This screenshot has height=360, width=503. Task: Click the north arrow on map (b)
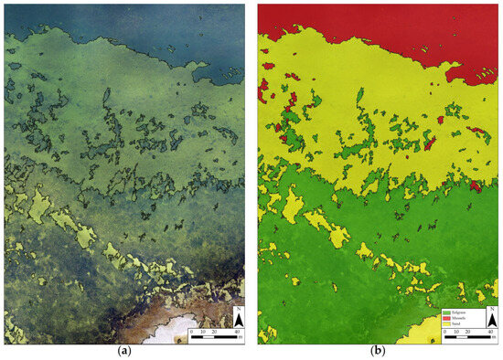(x=489, y=323)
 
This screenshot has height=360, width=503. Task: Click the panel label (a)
(x=124, y=352)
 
